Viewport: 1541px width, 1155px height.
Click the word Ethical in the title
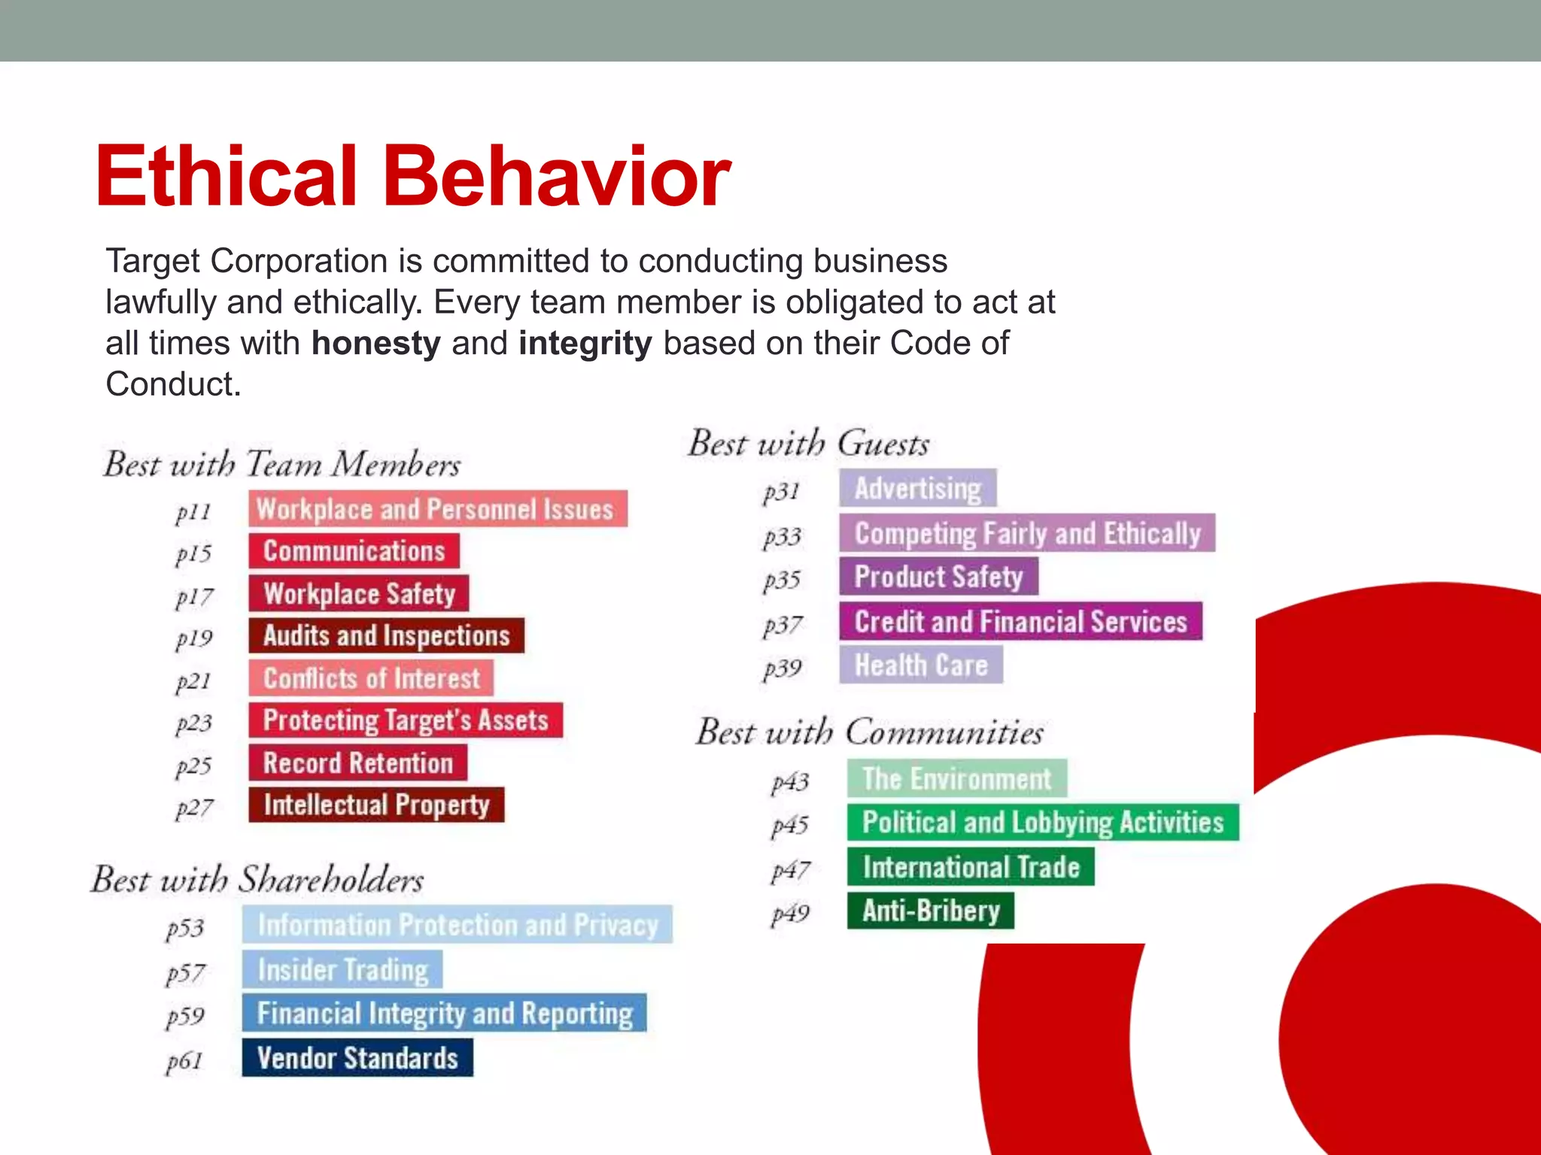226,177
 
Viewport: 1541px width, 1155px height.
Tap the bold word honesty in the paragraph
375,344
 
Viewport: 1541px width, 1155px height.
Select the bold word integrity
585,344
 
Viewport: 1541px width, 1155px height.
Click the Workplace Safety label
359,593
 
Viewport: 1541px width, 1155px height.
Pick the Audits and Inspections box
386,635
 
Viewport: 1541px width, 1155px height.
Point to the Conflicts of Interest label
371,678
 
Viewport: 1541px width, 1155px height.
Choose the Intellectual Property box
376,805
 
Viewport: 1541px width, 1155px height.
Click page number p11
193,512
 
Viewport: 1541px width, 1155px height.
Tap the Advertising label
917,488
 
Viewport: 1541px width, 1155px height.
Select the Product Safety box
938,577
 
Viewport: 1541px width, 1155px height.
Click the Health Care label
920,665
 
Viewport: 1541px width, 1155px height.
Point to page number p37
783,625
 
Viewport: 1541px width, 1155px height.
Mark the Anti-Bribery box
930,911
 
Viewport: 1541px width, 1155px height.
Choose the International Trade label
970,867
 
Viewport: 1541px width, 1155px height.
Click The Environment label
956,778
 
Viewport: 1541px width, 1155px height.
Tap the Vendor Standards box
357,1058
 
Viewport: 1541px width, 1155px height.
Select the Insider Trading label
342,969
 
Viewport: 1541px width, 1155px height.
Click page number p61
185,1061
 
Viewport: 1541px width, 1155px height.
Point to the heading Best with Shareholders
257,879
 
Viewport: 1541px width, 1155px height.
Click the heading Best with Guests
809,443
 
